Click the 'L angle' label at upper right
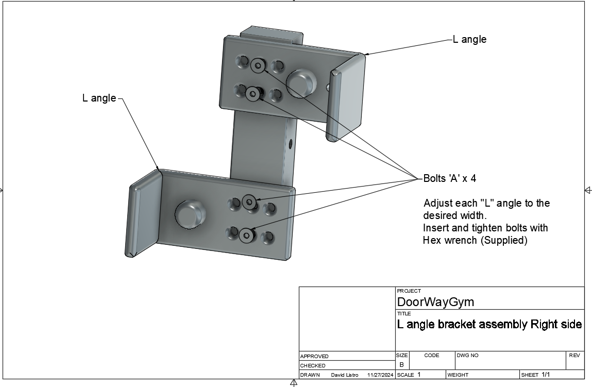(x=469, y=39)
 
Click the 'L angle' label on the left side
(x=99, y=98)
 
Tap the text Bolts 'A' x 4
(x=449, y=178)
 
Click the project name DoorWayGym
(x=435, y=301)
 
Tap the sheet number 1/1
(x=546, y=375)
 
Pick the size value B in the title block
(x=402, y=364)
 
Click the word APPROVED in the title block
(x=314, y=356)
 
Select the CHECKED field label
(x=312, y=365)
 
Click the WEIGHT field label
(x=458, y=375)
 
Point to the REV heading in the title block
(x=574, y=355)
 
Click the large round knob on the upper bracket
(x=301, y=82)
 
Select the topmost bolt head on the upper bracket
(x=258, y=65)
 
